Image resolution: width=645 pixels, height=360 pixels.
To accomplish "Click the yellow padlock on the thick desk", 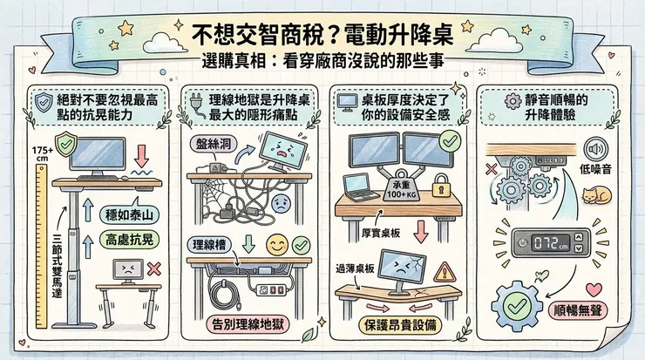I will (x=440, y=186).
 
